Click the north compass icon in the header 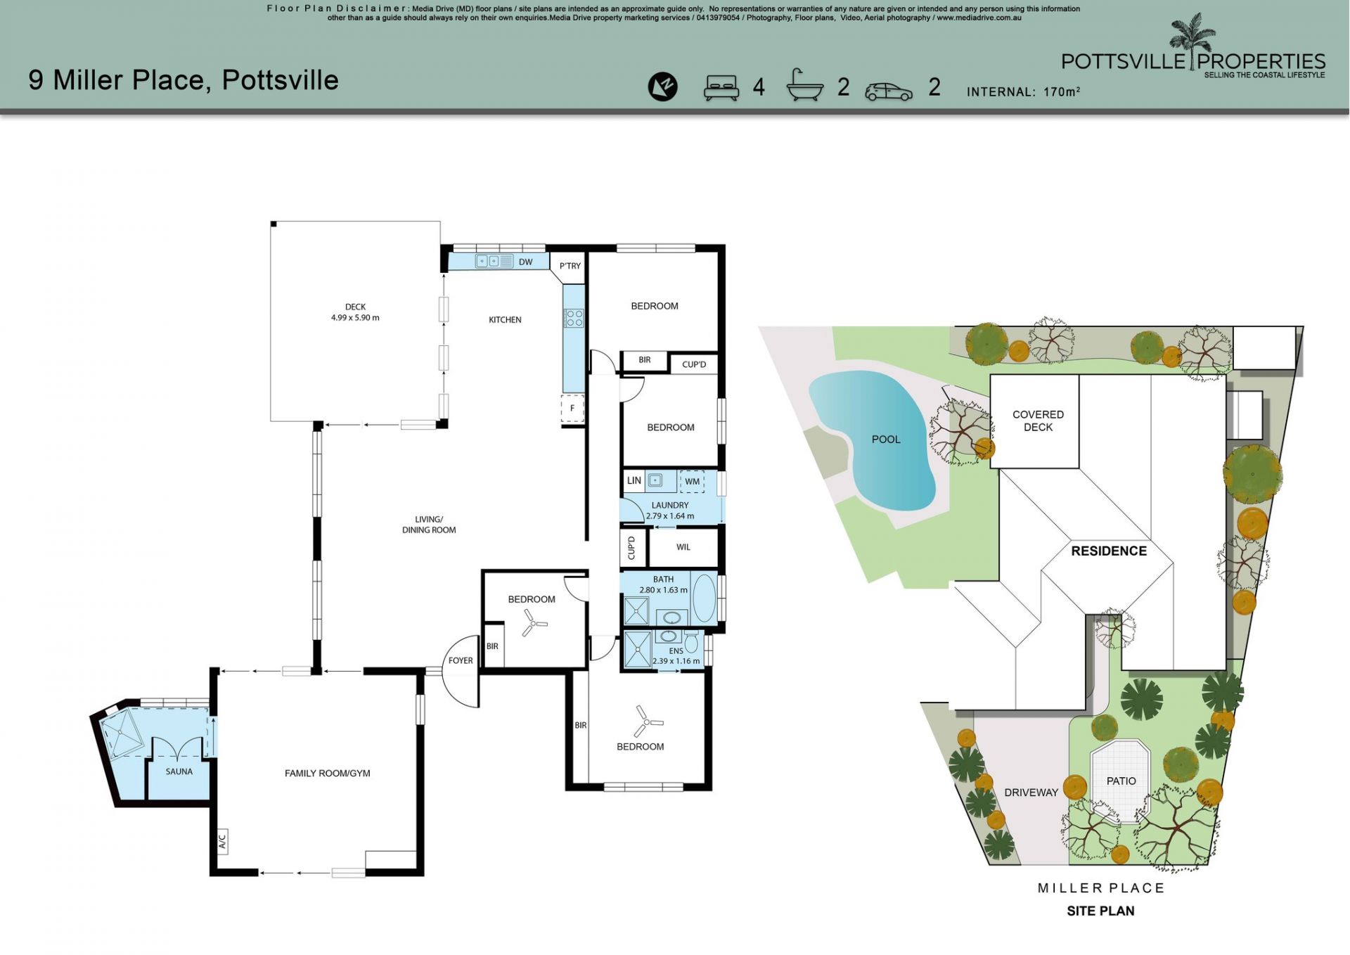(x=662, y=86)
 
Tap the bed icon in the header (x=721, y=88)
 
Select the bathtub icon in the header (x=804, y=86)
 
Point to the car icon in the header (x=889, y=91)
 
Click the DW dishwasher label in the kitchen (x=525, y=262)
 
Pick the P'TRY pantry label (x=570, y=266)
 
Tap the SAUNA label (x=179, y=771)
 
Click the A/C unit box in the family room (x=222, y=840)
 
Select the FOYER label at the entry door (x=461, y=660)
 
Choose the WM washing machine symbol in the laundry (x=692, y=481)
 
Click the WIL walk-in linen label (x=683, y=547)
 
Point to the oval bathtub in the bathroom (x=704, y=598)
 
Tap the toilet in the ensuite (x=691, y=641)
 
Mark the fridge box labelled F (x=572, y=409)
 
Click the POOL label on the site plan (x=886, y=440)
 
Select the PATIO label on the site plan (x=1121, y=781)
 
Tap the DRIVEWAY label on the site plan (x=1031, y=793)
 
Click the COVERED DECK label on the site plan (x=1038, y=421)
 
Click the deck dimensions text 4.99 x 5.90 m (x=355, y=318)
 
